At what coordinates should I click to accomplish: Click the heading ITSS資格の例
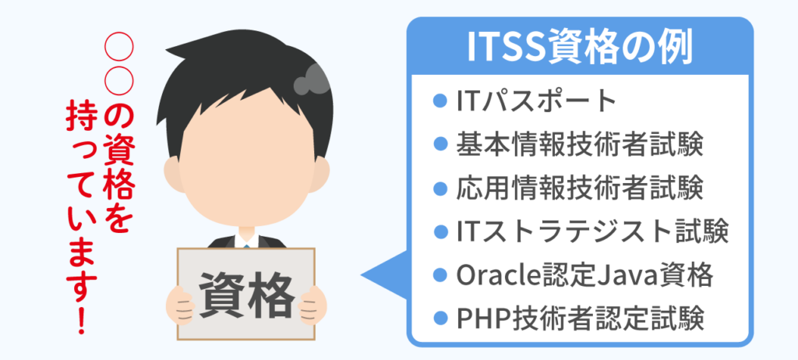(x=580, y=48)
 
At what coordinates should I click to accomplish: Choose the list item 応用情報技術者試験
(x=580, y=188)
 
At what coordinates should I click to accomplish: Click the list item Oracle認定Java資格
(x=584, y=275)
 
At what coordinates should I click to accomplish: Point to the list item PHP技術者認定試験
(x=580, y=318)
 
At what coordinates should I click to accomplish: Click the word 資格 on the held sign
(x=246, y=295)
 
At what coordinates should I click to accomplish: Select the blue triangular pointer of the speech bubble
(x=384, y=275)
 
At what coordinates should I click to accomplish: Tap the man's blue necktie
(x=246, y=245)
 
